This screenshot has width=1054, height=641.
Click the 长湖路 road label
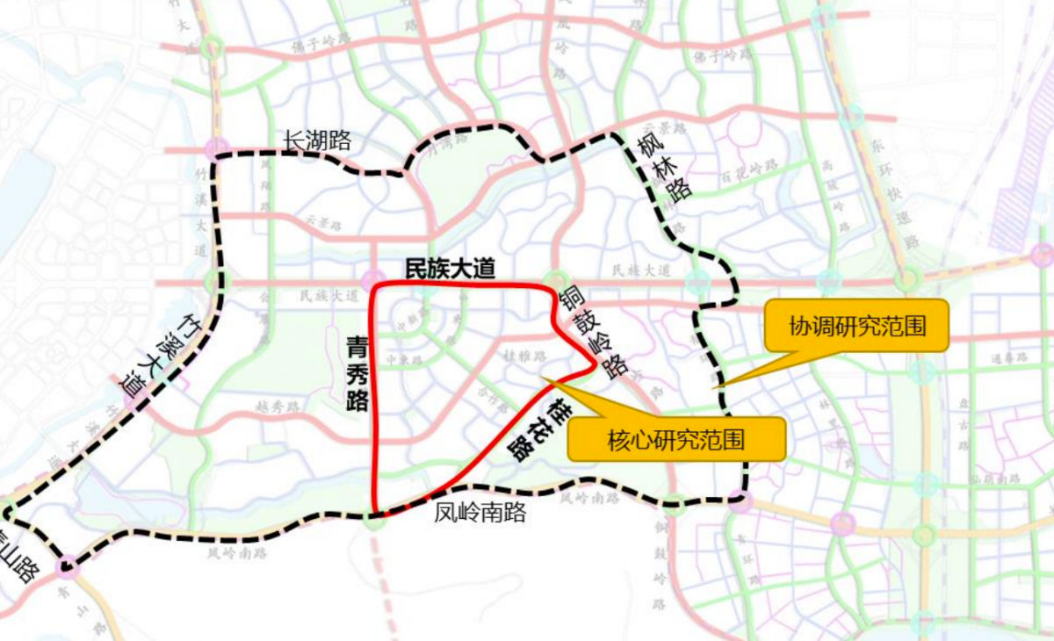[x=317, y=140]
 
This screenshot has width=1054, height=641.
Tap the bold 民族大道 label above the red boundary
[x=449, y=270]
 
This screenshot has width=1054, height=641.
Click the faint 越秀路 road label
[x=278, y=407]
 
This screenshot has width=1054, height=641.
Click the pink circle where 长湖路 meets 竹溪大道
[x=217, y=148]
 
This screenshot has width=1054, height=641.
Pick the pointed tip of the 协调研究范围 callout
[x=713, y=386]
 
